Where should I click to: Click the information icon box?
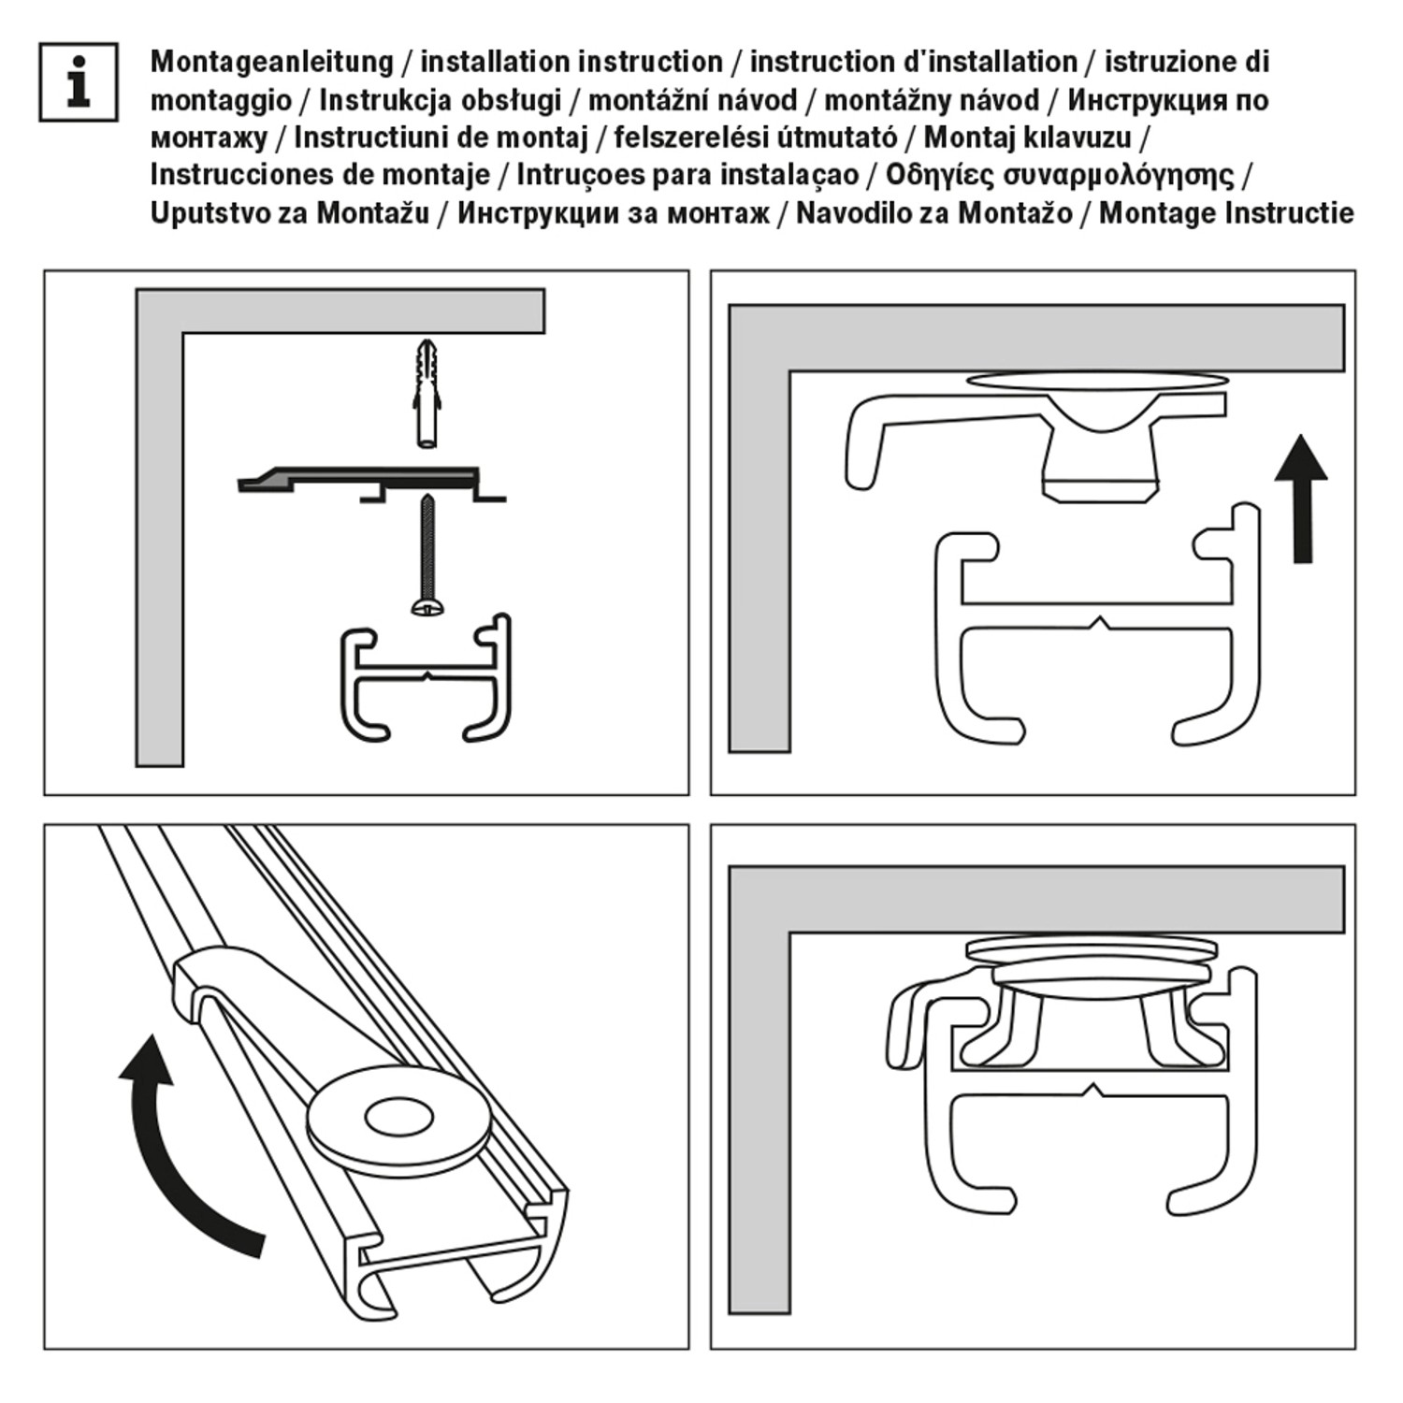pos(79,82)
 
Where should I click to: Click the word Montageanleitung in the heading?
pos(271,63)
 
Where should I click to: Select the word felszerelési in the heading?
pos(687,137)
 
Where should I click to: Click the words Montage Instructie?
pos(1225,213)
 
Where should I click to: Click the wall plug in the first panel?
pos(427,393)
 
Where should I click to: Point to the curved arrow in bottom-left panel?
pos(178,1150)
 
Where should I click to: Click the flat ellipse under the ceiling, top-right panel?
pos(1097,381)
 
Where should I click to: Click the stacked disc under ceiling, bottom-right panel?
pos(1092,948)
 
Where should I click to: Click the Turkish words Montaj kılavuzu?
pos(1027,137)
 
